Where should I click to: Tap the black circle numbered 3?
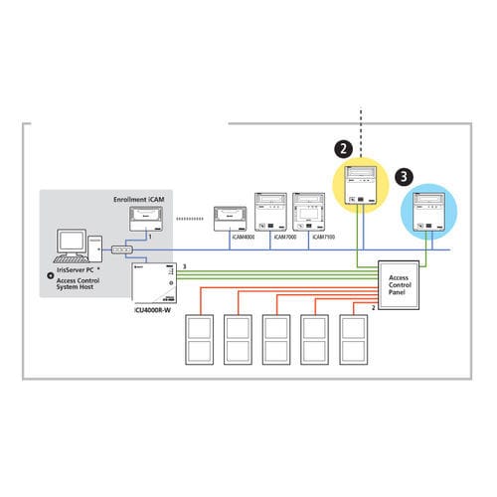pos(402,176)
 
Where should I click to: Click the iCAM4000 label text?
pos(229,238)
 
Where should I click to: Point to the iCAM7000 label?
pos(271,238)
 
